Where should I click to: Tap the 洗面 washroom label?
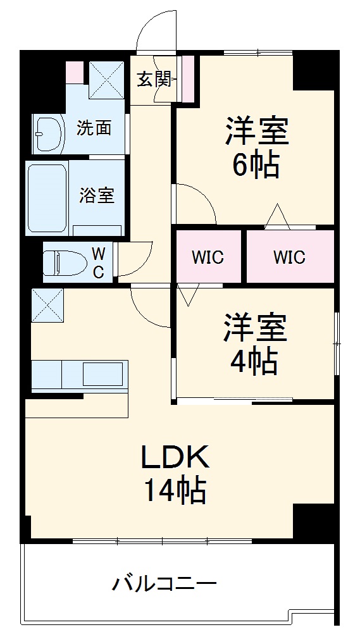pos(94,128)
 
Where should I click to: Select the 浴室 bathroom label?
pos(97,195)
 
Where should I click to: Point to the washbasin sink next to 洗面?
pos(49,133)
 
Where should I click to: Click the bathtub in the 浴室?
pos(47,197)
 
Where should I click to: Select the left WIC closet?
pos(208,257)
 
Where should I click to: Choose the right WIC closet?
pos(289,257)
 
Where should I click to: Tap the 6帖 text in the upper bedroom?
pos(256,165)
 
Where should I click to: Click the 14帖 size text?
pos(174,490)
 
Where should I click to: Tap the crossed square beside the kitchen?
pos(47,304)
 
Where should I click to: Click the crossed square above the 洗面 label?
pos(106,80)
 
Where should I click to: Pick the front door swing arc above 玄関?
pos(155,32)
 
